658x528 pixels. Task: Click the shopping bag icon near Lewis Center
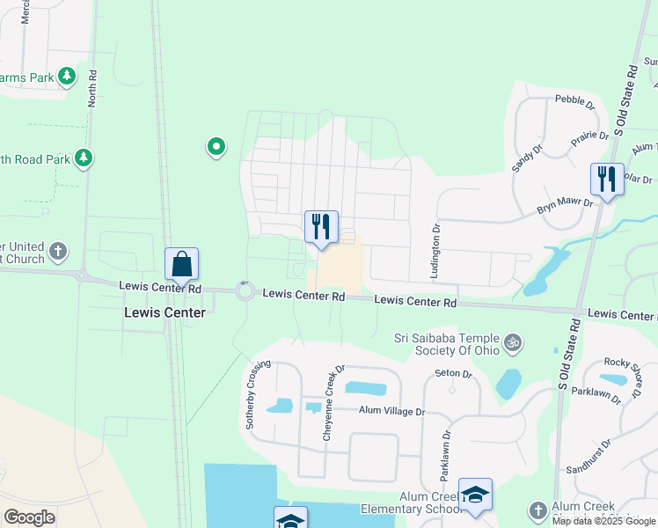(181, 263)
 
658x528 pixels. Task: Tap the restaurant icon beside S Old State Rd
(607, 179)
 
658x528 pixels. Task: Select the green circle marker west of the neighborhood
(216, 147)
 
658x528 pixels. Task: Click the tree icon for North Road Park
(84, 158)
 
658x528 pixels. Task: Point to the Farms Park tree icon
(67, 77)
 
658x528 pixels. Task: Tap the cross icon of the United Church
(58, 252)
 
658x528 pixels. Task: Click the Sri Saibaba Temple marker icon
(513, 341)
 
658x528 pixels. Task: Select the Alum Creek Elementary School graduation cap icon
(475, 495)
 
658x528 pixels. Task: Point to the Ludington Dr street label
(435, 252)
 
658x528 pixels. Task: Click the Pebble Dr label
(569, 99)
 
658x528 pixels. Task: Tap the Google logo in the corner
(29, 517)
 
